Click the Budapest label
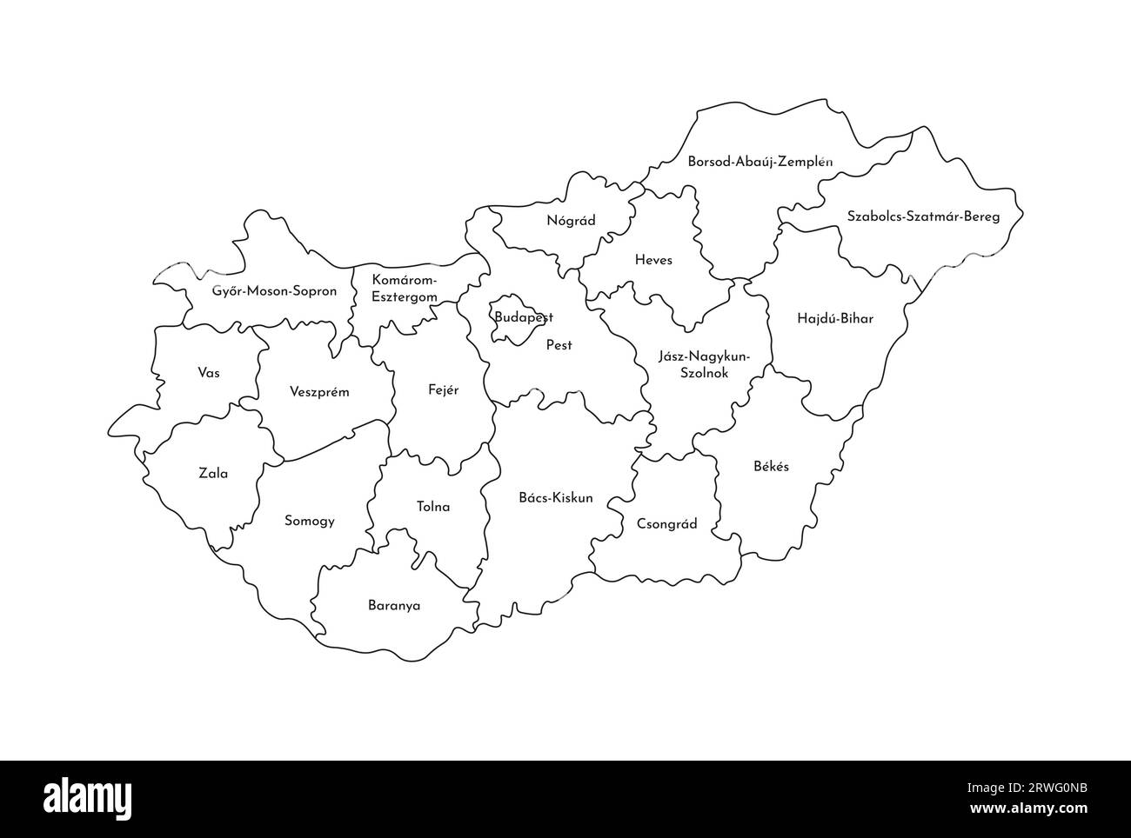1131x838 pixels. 524,317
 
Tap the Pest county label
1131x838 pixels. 559,345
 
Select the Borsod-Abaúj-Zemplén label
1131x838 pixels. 760,162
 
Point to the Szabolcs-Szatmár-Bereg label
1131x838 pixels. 923,216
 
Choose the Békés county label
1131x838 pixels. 771,466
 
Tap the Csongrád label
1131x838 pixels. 666,524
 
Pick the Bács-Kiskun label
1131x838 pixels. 555,498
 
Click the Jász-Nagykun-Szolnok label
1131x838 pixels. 704,364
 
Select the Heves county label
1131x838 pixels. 652,260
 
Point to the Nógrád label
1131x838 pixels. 571,221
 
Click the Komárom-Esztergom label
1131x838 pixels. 405,288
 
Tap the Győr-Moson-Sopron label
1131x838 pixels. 274,291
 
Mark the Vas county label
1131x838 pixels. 209,373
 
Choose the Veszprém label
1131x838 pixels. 319,392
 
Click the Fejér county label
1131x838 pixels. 443,390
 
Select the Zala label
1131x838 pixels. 213,474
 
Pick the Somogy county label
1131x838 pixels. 310,522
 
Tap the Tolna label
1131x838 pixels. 433,507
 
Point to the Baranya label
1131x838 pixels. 393,606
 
